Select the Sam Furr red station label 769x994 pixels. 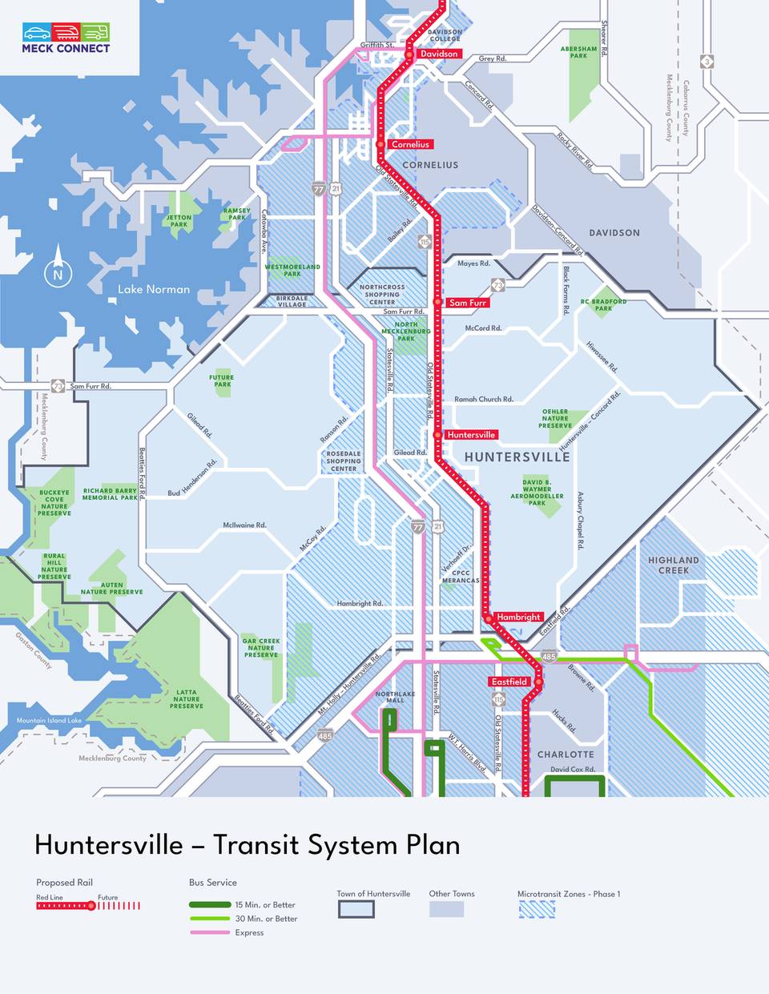pyautogui.click(x=467, y=303)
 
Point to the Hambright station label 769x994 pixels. pyautogui.click(x=518, y=617)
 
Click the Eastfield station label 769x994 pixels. pyautogui.click(x=509, y=682)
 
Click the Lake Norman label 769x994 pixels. pyautogui.click(x=154, y=289)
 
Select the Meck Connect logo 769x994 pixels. pyautogui.click(x=66, y=38)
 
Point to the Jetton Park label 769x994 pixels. pyautogui.click(x=179, y=220)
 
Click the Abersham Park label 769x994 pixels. pyautogui.click(x=579, y=52)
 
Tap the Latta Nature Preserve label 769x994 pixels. pyautogui.click(x=186, y=699)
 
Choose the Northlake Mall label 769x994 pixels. pyautogui.click(x=395, y=697)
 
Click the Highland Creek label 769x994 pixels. pyautogui.click(x=674, y=565)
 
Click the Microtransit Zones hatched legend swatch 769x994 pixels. pyautogui.click(x=536, y=909)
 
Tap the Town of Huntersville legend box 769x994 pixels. pyautogui.click(x=356, y=909)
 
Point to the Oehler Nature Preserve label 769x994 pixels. pyautogui.click(x=555, y=419)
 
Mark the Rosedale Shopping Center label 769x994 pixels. pyautogui.click(x=344, y=461)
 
